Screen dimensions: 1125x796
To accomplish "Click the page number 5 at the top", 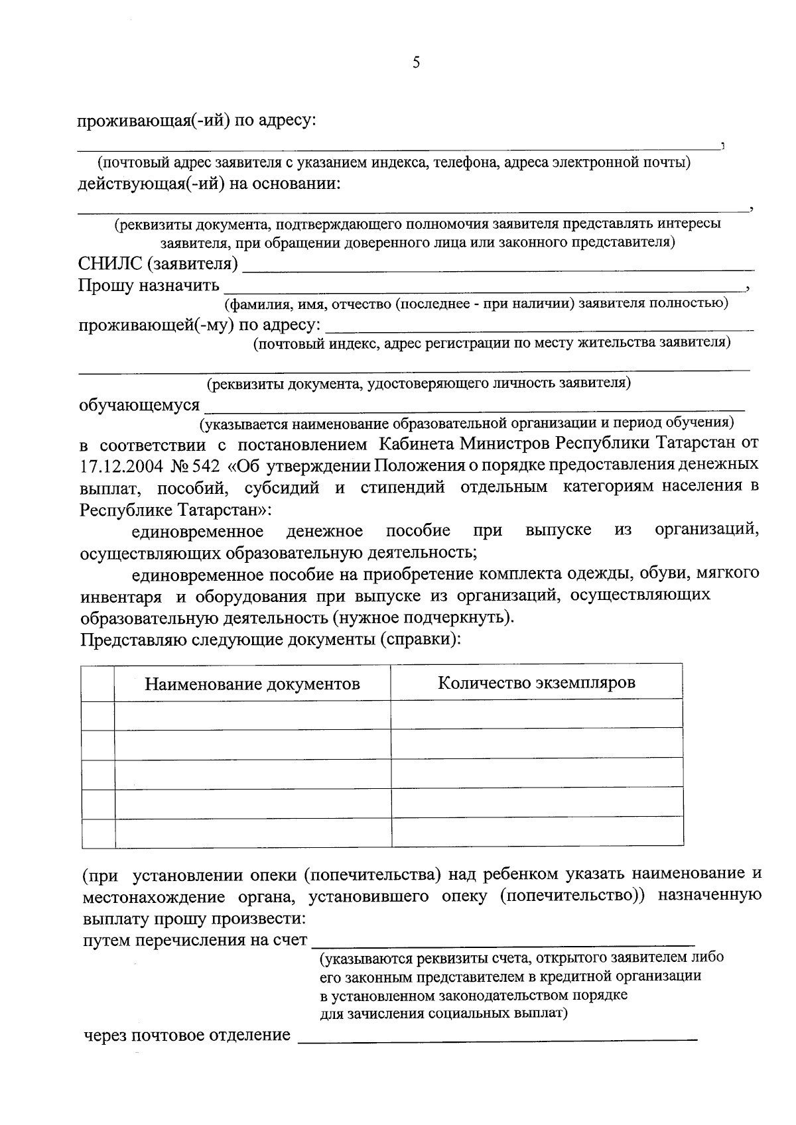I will point(416,63).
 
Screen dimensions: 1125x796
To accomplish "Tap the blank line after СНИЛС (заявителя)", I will point(497,268).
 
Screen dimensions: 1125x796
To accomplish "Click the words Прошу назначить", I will point(149,286).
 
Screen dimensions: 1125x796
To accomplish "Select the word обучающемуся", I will point(139,405).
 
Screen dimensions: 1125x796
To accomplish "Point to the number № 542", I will point(194,465).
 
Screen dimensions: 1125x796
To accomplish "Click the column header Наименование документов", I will point(252,683).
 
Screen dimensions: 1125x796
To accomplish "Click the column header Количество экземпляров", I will point(536,682).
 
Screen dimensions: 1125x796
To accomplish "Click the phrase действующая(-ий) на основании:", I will point(209,183).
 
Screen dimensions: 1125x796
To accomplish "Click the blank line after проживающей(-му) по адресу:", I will point(541,327).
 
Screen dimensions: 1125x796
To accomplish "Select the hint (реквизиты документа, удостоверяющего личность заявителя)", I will point(419,383).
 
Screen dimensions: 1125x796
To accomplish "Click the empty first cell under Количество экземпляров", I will point(536,714).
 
